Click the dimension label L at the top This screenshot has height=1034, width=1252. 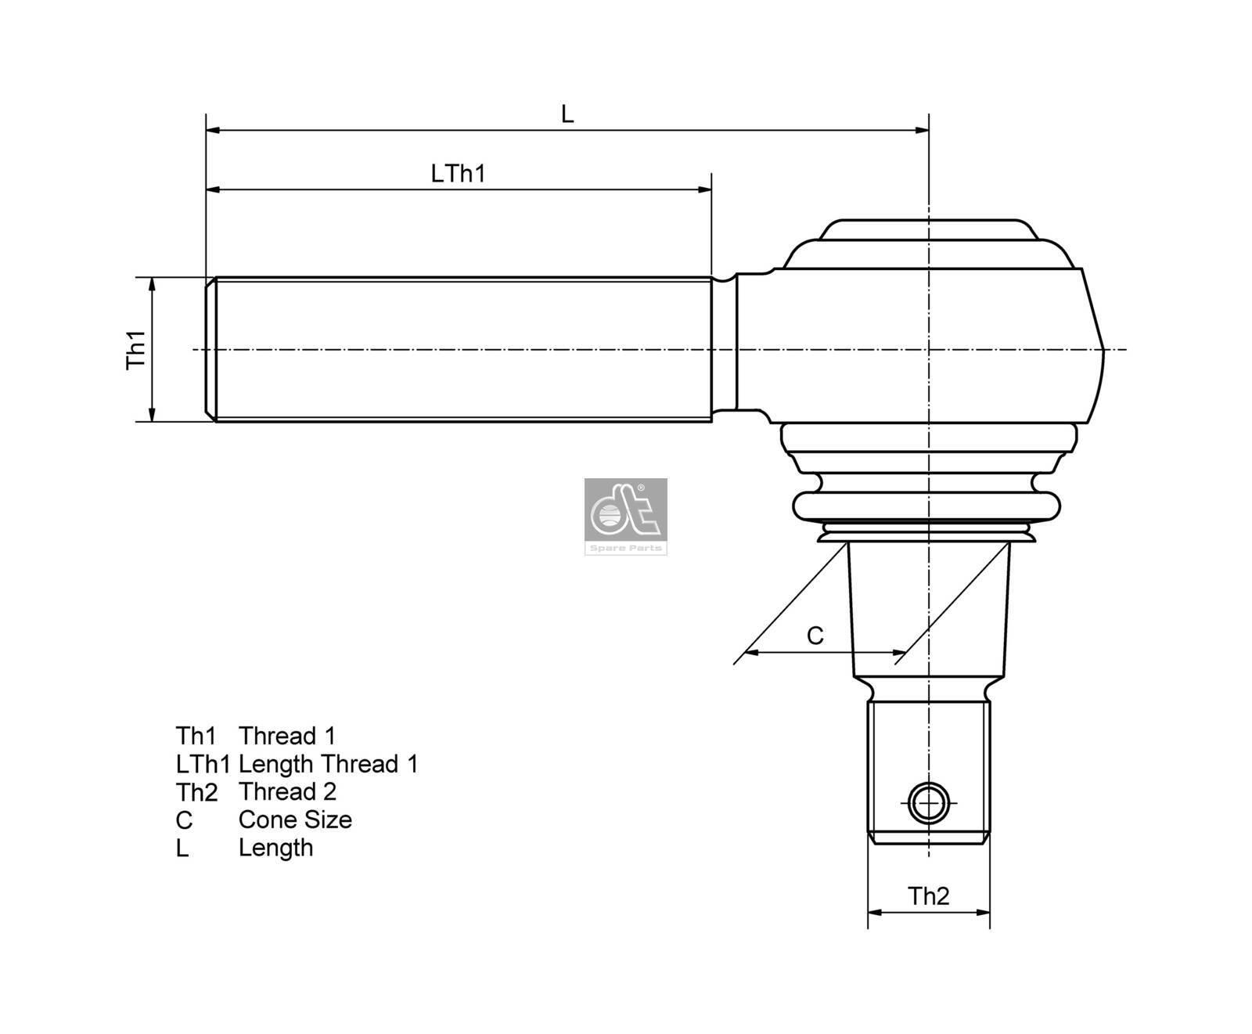[x=567, y=114]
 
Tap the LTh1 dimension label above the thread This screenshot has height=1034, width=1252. [x=459, y=173]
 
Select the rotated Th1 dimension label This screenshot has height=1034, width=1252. [x=137, y=350]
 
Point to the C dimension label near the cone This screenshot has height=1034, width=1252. [x=815, y=636]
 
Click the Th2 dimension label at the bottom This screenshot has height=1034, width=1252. [x=928, y=895]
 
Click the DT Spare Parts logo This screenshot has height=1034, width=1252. [x=625, y=517]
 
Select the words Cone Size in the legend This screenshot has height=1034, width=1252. [x=295, y=820]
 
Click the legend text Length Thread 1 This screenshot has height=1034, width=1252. [x=328, y=763]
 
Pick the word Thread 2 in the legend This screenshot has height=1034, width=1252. [x=287, y=791]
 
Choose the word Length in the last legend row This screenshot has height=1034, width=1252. [x=275, y=848]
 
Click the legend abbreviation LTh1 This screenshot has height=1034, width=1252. [x=202, y=763]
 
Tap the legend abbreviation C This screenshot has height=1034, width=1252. [x=184, y=820]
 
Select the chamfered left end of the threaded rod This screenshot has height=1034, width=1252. [x=210, y=349]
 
